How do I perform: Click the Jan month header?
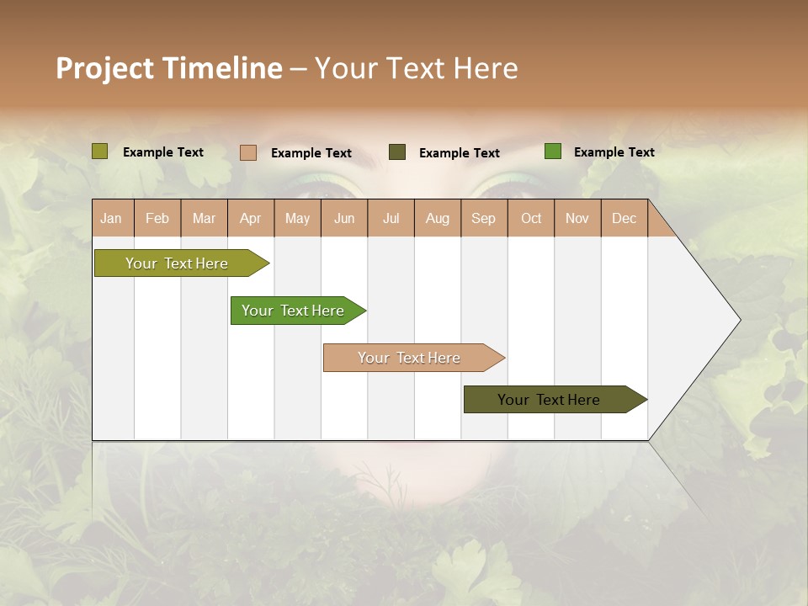[x=111, y=218]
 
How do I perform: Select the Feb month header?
[x=157, y=218]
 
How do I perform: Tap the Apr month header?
[x=250, y=218]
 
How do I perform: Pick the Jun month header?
[x=344, y=218]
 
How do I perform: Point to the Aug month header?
[x=437, y=218]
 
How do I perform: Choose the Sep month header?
[x=483, y=218]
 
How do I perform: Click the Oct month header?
[x=531, y=218]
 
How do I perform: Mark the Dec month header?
[x=624, y=218]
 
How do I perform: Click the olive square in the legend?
[x=100, y=151]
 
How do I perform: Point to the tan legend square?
[x=248, y=152]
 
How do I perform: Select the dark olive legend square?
[x=397, y=152]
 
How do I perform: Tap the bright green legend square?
[x=553, y=151]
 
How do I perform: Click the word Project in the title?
[x=106, y=68]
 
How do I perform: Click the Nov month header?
[x=577, y=218]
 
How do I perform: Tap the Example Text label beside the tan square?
[x=311, y=153]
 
